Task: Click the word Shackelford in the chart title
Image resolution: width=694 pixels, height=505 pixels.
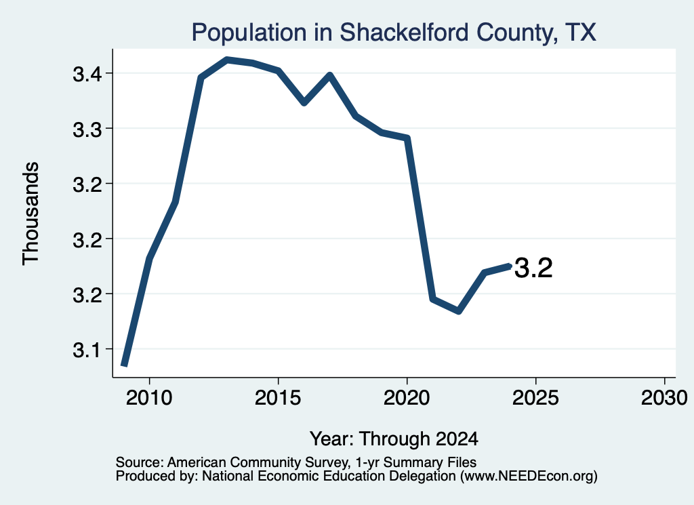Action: [403, 33]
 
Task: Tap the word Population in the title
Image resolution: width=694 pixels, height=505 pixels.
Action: [249, 33]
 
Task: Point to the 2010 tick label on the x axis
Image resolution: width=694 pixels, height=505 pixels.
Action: [149, 398]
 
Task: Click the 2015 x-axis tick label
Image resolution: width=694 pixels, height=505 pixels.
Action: [278, 398]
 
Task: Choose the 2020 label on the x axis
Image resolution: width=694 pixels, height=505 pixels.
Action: [407, 398]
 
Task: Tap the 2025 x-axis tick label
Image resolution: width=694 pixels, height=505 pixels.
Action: [535, 398]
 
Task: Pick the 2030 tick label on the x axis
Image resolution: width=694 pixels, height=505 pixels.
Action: [664, 398]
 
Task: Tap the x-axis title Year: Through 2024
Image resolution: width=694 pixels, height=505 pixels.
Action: [394, 439]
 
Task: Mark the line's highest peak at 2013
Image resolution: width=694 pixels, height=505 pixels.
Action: [226, 59]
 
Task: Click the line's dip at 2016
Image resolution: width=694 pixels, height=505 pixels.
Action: [304, 102]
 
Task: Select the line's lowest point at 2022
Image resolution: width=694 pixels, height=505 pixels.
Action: [459, 310]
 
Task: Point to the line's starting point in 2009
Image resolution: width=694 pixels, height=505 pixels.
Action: [125, 365]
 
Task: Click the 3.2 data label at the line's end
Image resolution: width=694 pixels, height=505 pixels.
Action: [534, 268]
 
